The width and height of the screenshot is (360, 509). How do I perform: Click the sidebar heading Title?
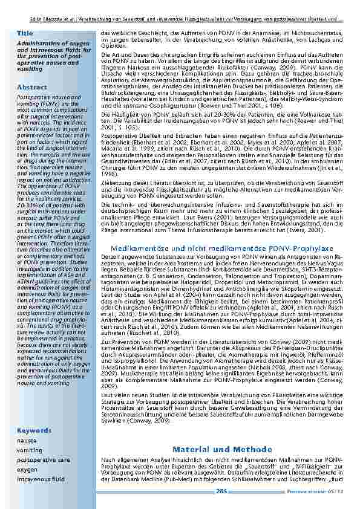pos(25,33)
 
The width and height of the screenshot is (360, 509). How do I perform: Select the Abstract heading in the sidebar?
pos(31,87)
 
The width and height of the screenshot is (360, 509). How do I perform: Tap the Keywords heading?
pos(34,430)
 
